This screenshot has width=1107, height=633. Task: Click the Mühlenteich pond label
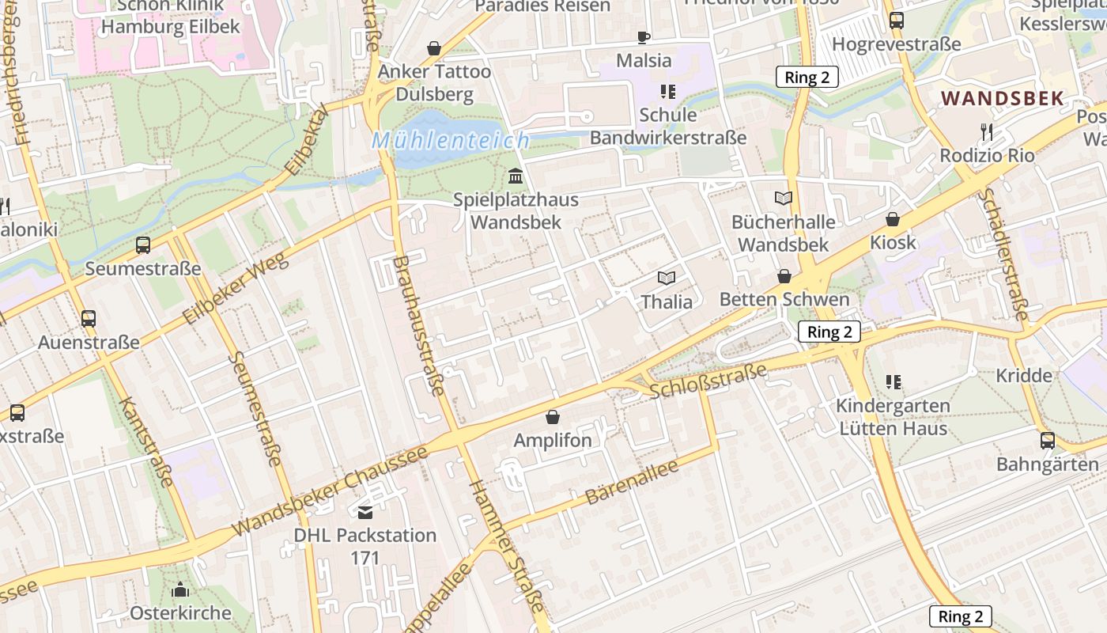coord(451,141)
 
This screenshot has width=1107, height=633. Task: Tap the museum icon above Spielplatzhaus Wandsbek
coord(516,175)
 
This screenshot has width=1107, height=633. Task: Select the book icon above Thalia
coord(667,278)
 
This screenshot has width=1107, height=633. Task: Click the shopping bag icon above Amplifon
coord(553,416)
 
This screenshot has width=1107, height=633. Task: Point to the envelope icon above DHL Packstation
coord(365,512)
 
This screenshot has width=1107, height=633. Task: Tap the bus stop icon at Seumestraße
coord(143,245)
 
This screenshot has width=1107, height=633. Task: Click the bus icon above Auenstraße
coord(89,319)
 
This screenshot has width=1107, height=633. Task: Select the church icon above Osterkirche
coord(180,589)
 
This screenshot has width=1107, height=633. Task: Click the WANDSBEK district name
coord(1003,99)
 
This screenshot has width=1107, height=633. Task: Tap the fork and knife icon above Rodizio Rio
coord(986,131)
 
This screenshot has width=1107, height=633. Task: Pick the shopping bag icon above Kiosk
coord(893,219)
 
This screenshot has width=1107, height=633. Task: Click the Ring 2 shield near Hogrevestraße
coord(807,77)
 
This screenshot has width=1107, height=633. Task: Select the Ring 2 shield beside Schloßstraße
coord(829,332)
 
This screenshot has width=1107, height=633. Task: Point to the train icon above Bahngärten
coord(1048,441)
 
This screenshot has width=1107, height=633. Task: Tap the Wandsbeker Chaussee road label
coord(331,491)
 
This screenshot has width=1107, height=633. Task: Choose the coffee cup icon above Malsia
coord(644,37)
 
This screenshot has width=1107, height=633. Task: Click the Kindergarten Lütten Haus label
coord(892,417)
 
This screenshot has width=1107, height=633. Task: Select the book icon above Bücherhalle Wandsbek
coord(784,199)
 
